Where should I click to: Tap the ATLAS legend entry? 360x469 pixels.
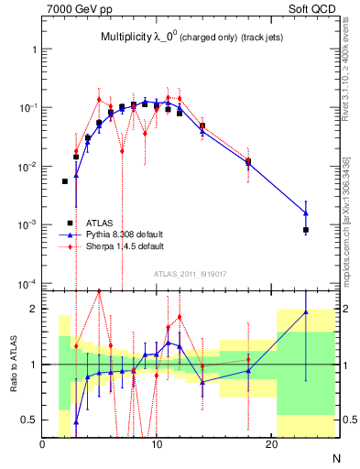(98, 223)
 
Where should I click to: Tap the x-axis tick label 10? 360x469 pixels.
(157, 445)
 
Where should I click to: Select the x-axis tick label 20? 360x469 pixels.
(271, 445)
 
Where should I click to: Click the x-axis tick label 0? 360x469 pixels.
(42, 445)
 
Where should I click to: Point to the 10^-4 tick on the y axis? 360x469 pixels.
(27, 283)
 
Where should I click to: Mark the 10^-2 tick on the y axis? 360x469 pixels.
(27, 166)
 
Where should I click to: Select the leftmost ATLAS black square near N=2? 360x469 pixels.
(65, 181)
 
